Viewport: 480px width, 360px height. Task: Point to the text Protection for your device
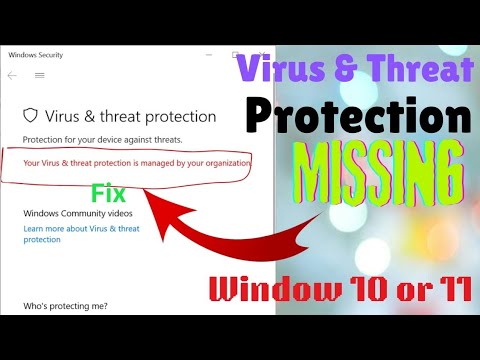pos(101,139)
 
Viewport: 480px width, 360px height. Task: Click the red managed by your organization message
pos(137,162)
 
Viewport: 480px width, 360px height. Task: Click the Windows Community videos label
pos(78,214)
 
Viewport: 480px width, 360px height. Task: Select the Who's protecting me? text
pos(65,306)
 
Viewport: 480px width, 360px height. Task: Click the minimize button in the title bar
pos(207,54)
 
